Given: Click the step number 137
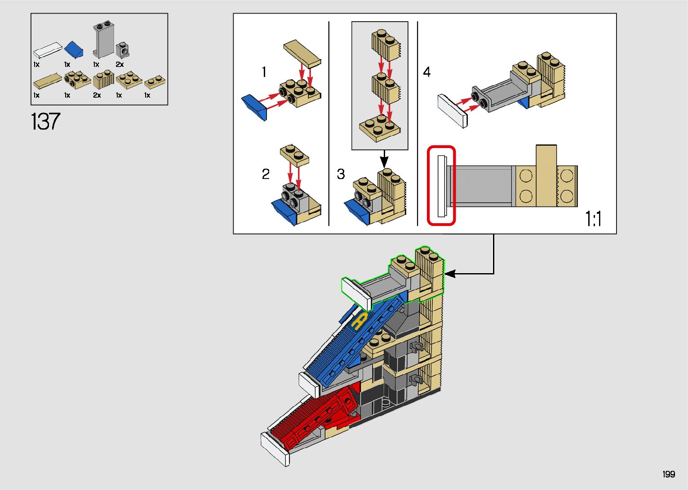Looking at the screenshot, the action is [45, 121].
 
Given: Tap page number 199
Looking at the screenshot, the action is [668, 474].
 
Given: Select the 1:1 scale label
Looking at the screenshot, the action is [593, 219].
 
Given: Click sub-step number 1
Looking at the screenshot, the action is [264, 72].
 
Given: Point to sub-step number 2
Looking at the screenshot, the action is [266, 174].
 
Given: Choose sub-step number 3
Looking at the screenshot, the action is [341, 174].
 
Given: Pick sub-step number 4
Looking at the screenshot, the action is [426, 72].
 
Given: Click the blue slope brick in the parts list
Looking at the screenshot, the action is [74, 49].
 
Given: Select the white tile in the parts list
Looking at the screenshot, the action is [47, 49].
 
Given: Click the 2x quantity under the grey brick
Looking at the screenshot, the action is [120, 64].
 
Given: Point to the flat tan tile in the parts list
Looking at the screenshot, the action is [47, 81].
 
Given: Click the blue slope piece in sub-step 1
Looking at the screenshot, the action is [254, 107].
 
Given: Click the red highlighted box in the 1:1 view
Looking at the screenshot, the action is [441, 185].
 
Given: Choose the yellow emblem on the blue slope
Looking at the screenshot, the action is [359, 321].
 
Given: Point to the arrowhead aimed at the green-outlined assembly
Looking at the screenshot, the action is [450, 273].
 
